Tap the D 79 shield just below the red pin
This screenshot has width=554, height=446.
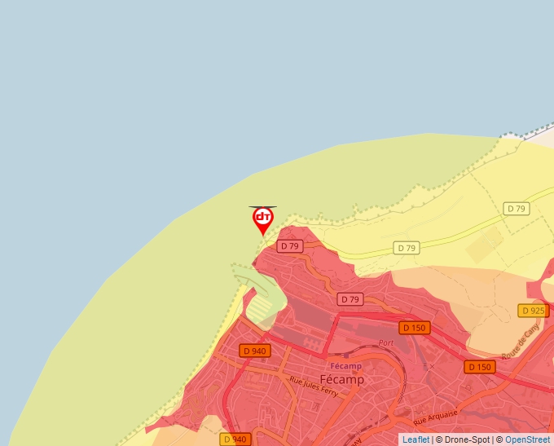click(289, 246)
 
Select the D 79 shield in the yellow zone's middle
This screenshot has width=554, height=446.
click(407, 248)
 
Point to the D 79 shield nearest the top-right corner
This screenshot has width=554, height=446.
click(517, 209)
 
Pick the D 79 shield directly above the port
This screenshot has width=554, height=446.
click(350, 299)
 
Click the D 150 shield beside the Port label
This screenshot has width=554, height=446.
click(414, 328)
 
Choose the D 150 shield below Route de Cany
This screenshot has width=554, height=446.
click(480, 367)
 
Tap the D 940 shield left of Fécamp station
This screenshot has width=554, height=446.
click(254, 351)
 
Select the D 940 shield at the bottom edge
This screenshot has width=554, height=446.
click(234, 439)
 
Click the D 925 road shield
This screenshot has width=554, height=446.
click(533, 311)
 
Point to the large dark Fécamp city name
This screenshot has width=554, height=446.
click(342, 380)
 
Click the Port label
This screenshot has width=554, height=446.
click(386, 343)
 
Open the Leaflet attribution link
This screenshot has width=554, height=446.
click(415, 439)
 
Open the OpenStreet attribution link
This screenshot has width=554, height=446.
click(527, 439)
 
